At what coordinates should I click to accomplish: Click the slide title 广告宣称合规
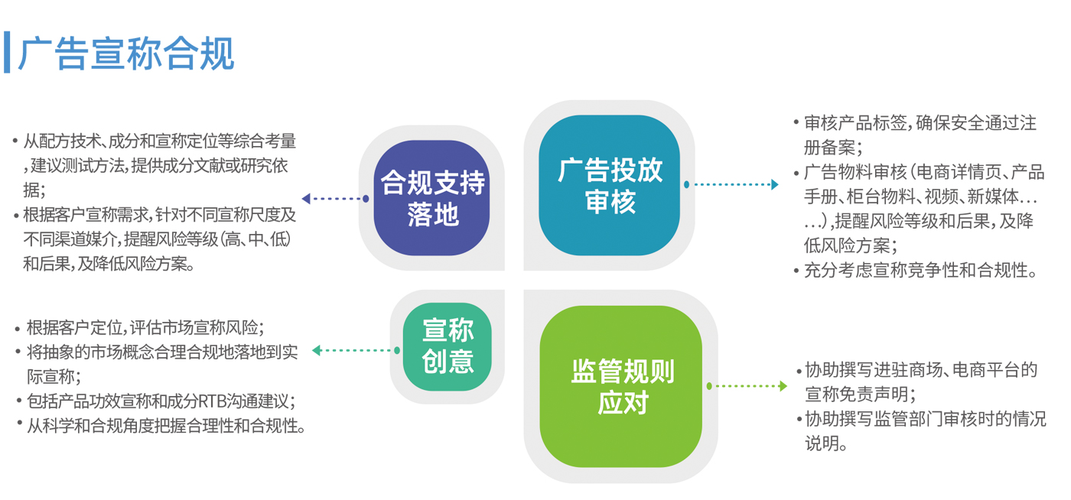[126, 54]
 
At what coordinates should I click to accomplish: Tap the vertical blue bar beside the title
[7, 52]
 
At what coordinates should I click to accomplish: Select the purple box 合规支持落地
[431, 198]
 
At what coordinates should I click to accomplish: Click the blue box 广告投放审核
[609, 185]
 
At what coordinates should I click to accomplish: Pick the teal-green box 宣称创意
[447, 346]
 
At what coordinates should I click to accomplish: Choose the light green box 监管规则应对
[621, 386]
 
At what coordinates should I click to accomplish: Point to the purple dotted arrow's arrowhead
[306, 198]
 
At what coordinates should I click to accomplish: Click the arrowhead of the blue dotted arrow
[774, 184]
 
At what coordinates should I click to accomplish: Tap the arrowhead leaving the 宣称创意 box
[316, 350]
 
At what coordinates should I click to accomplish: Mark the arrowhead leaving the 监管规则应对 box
[783, 386]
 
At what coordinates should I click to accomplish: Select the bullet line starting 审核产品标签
[920, 123]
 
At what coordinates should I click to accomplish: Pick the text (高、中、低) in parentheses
[255, 239]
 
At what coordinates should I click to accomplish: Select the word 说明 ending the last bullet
[822, 443]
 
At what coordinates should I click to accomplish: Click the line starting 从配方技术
[160, 141]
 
